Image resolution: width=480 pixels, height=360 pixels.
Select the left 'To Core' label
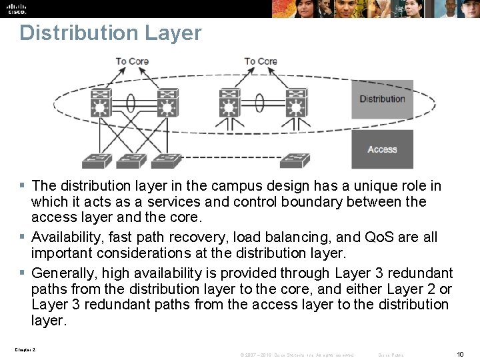[x=132, y=61]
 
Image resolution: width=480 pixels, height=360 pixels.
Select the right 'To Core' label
[x=261, y=61]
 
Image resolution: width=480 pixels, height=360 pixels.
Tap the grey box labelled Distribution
[x=382, y=99]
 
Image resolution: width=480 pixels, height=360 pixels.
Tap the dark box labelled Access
[x=382, y=149]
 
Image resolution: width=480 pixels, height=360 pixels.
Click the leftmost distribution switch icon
[x=102, y=104]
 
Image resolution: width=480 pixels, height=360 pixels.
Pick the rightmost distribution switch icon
[x=295, y=104]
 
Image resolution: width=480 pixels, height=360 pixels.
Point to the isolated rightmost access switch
[x=295, y=160]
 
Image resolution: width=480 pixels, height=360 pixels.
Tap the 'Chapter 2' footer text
[x=24, y=349]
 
